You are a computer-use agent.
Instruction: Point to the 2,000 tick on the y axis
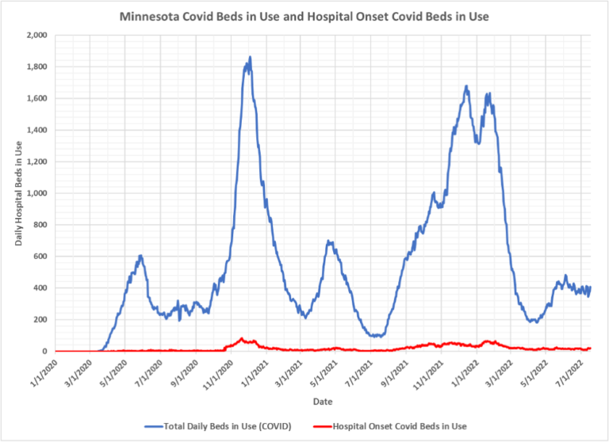point(36,36)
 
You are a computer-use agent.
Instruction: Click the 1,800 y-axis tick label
point(36,67)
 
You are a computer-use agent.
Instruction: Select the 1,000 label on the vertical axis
point(36,193)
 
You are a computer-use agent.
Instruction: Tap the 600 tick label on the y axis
point(40,257)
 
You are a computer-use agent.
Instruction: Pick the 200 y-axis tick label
point(40,319)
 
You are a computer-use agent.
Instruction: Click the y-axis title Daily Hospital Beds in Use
point(18,192)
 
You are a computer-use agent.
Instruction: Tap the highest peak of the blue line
point(250,58)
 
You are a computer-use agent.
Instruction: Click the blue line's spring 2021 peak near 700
point(329,242)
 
